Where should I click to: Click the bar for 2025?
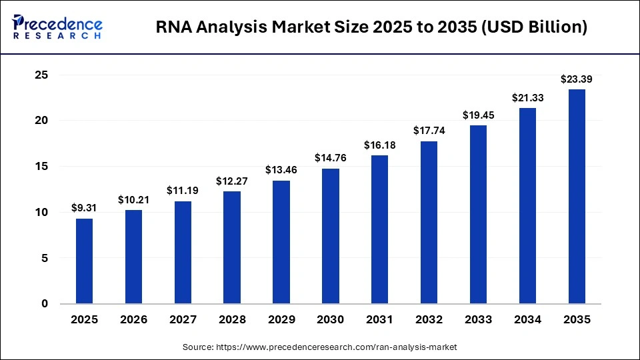pos(84,261)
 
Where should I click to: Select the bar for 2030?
pos(331,236)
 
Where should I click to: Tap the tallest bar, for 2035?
pos(577,197)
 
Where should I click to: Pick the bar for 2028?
pos(232,247)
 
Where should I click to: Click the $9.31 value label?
pos(84,207)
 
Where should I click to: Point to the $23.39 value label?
pos(577,79)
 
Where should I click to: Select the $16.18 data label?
pos(380,145)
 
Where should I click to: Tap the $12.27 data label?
pos(232,181)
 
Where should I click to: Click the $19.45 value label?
pos(479,115)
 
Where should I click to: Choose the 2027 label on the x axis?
pos(183,320)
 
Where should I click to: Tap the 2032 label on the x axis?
pos(429,320)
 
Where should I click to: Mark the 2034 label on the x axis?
pos(528,320)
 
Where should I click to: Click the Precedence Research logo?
pos(57,27)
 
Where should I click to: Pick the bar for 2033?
pos(479,215)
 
